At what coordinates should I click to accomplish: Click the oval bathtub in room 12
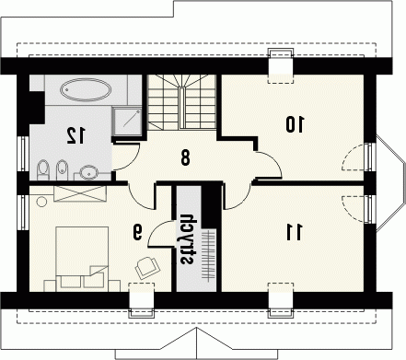(86, 89)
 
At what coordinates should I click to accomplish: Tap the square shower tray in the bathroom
(127, 122)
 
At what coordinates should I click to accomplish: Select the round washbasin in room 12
(88, 172)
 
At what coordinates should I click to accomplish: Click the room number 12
(75, 135)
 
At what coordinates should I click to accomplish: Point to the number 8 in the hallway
(185, 158)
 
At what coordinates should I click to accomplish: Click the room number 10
(295, 124)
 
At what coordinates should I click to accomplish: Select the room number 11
(295, 232)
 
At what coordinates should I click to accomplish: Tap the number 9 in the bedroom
(138, 232)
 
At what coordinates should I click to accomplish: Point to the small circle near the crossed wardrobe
(41, 202)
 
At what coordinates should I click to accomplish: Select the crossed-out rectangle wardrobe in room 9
(80, 193)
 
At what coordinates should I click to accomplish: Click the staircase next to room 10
(181, 102)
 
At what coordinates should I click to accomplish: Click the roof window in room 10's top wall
(281, 66)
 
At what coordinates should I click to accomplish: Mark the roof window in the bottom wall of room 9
(141, 300)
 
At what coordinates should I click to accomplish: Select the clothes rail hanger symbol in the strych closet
(208, 254)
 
